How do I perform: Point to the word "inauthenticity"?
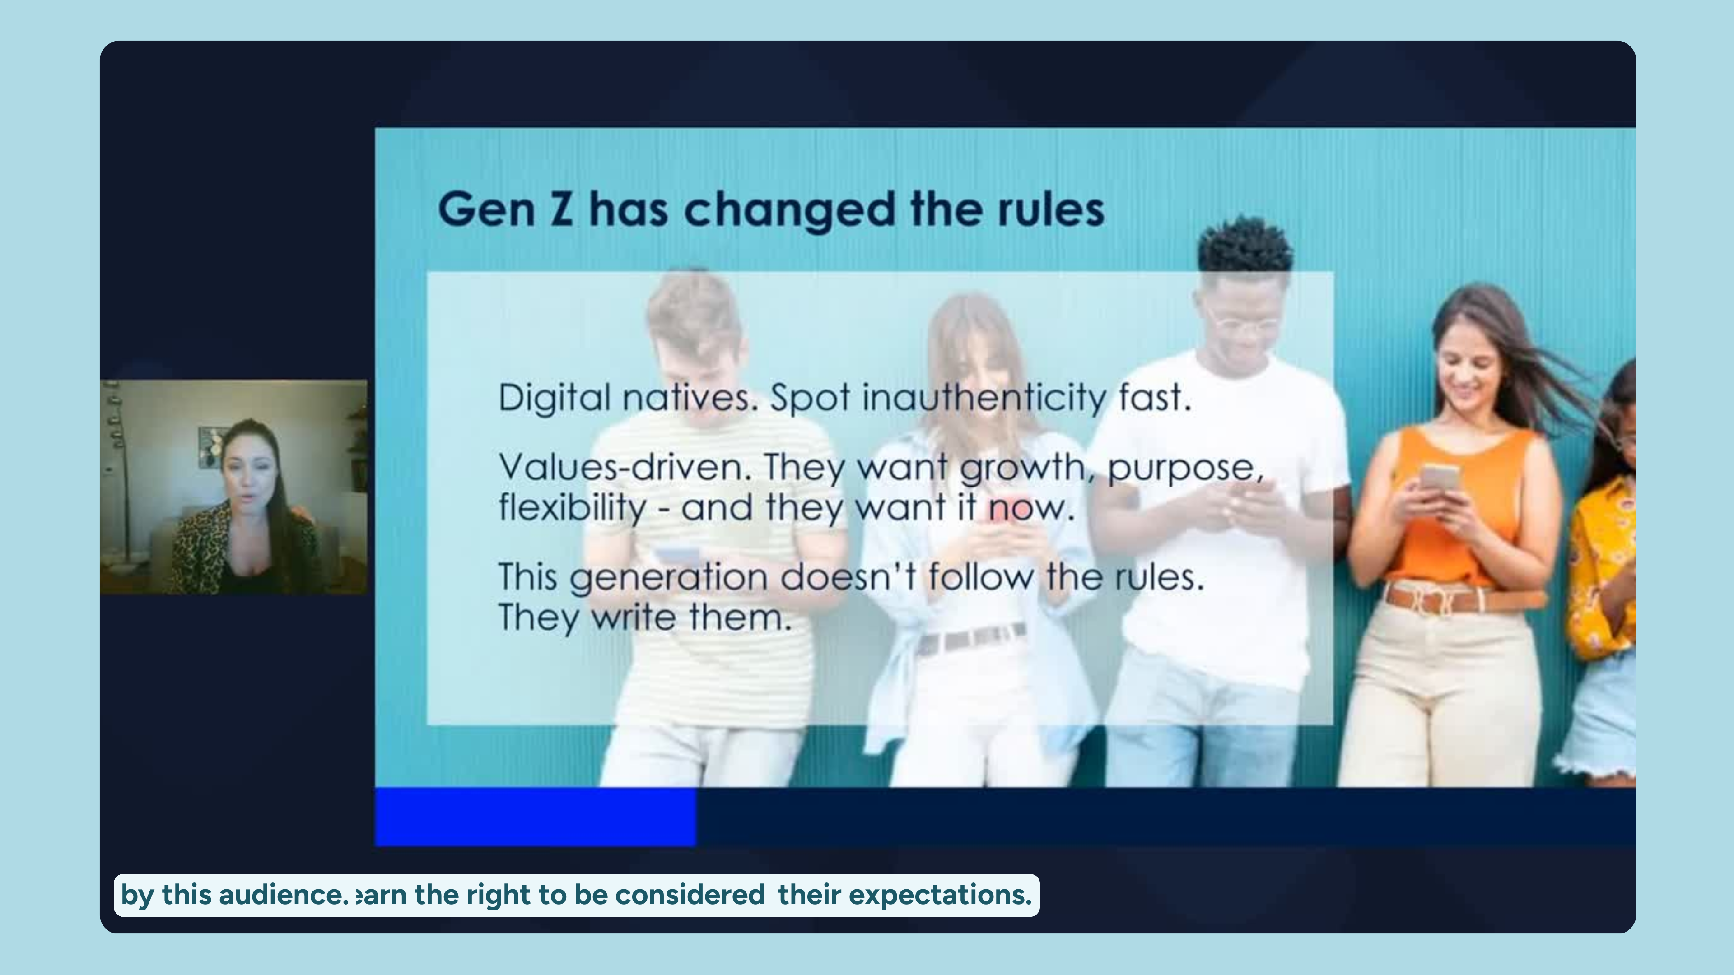point(984,398)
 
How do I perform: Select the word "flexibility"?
point(572,508)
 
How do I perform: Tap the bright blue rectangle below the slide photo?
point(535,816)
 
